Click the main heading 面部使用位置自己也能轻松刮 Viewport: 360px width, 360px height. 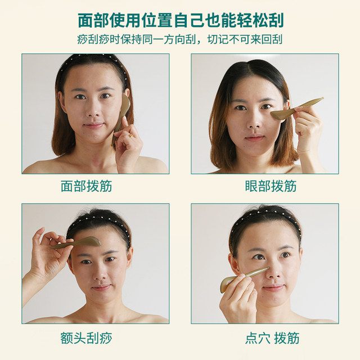(x=180, y=21)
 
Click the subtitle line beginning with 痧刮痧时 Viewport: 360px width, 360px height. (x=180, y=40)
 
